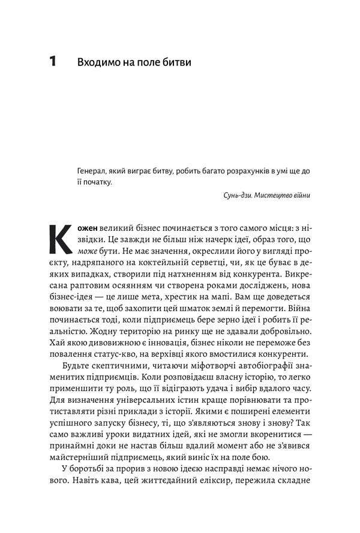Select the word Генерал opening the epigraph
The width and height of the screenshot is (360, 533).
click(x=94, y=171)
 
